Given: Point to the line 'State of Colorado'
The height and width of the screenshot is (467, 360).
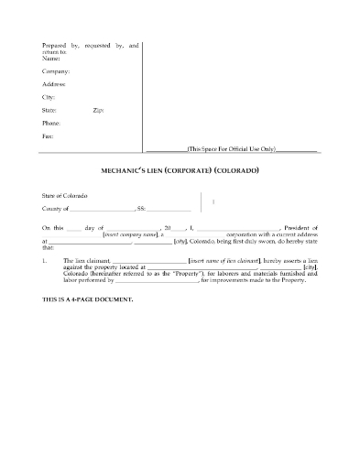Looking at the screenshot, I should click(x=69, y=197).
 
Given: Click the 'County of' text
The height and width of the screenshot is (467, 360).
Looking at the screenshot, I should click(x=58, y=210).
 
